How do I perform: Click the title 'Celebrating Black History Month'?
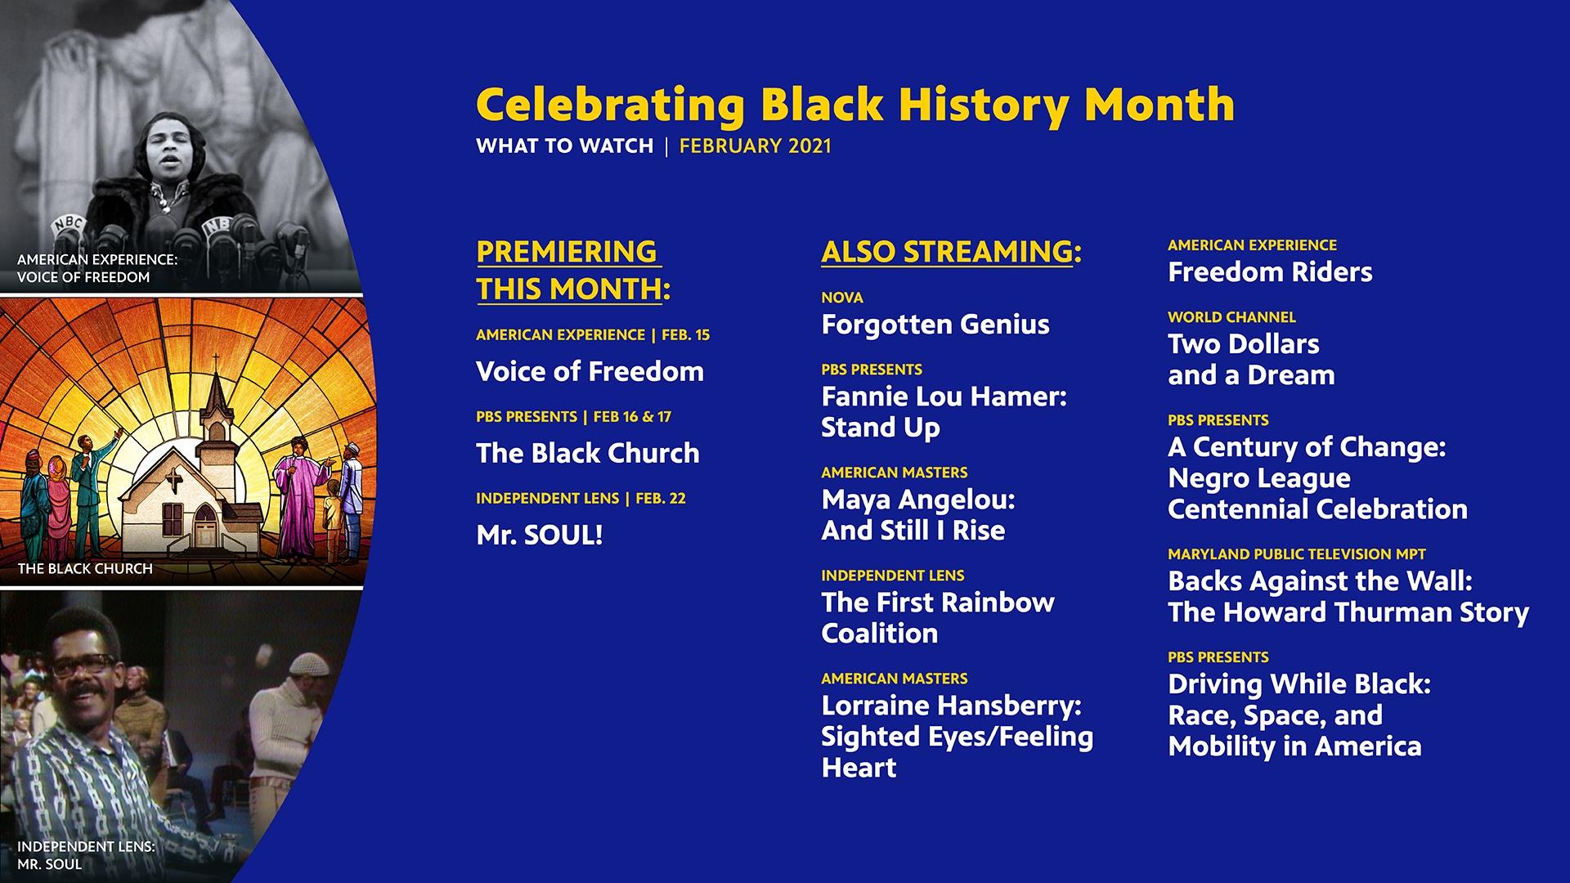pos(855,105)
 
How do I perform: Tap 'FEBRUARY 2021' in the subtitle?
pos(755,146)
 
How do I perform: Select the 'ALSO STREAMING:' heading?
pos(951,252)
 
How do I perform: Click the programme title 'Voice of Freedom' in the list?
pos(590,372)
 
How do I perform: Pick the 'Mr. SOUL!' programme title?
pos(540,536)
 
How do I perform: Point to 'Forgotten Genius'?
pos(935,325)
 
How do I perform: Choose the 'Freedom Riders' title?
pos(1270,272)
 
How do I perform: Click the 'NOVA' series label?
pos(842,298)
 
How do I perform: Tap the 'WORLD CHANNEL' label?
pos(1231,317)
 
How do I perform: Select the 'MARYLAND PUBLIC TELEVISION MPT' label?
pos(1297,554)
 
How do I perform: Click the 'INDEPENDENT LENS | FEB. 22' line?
pos(581,499)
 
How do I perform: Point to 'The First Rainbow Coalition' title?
pos(938,618)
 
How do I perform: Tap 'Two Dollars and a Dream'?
pos(1251,360)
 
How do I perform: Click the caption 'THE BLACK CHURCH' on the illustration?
pos(85,569)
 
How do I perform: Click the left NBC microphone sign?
pos(70,224)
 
